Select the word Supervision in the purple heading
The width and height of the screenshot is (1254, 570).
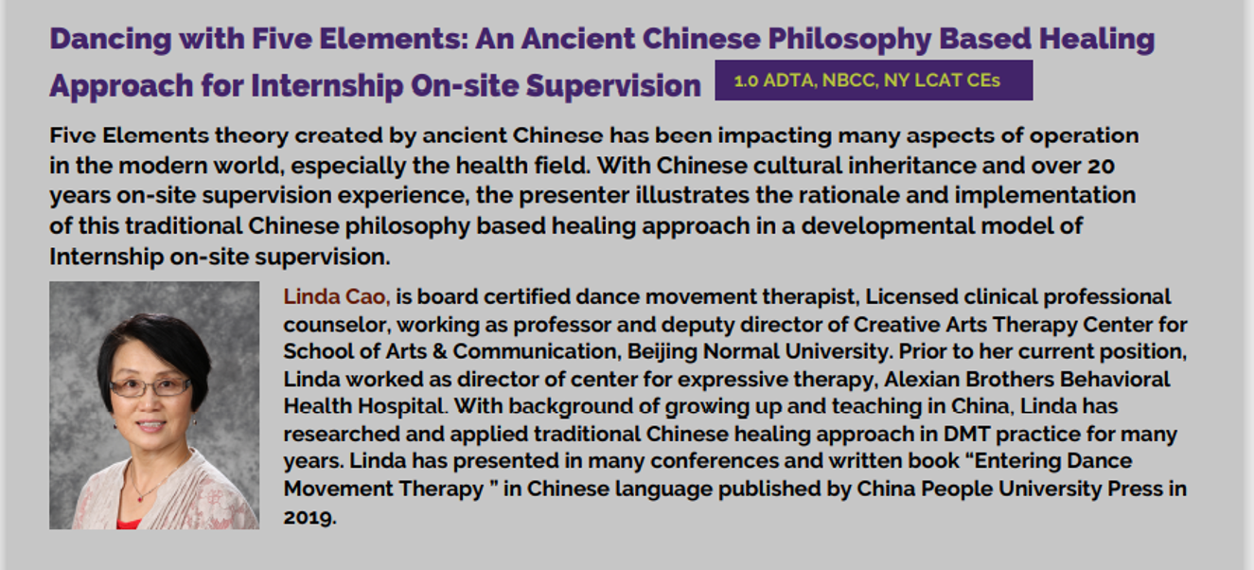pyautogui.click(x=613, y=86)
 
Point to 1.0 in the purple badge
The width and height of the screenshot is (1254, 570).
pyautogui.click(x=746, y=81)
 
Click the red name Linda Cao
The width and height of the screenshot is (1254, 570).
pyautogui.click(x=336, y=296)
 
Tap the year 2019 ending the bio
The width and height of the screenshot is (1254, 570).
pyautogui.click(x=309, y=517)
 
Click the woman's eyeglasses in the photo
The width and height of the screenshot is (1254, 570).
pyautogui.click(x=150, y=386)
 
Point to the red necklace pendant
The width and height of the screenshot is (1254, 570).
pyautogui.click(x=139, y=498)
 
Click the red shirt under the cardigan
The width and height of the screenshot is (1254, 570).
pyautogui.click(x=128, y=525)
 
